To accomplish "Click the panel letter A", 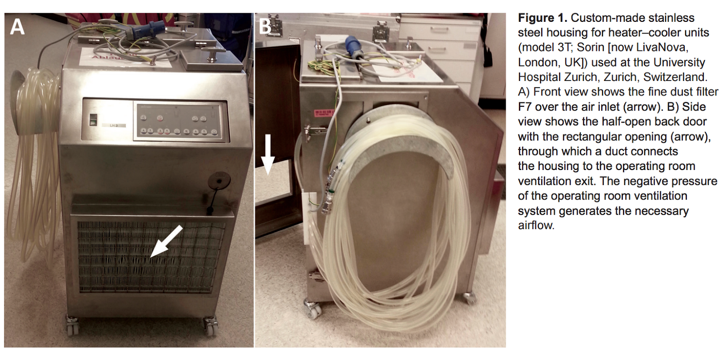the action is click(17, 26).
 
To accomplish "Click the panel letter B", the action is click(265, 26).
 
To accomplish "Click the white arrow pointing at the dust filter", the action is click(167, 242).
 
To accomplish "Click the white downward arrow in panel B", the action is click(268, 155).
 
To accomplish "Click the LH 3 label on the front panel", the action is click(113, 125).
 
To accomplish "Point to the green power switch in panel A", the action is click(93, 120).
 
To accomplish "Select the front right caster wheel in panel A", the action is click(210, 326).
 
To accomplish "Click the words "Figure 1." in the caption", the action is click(543, 18).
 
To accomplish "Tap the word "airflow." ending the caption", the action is click(536, 225).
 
